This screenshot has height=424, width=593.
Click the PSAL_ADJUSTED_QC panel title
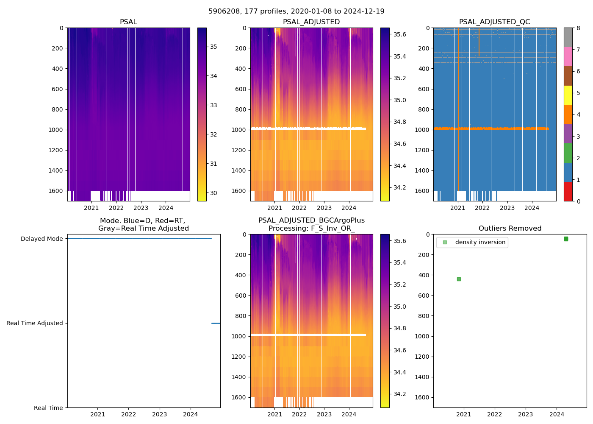[x=494, y=22]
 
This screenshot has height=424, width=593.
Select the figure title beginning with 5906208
[x=296, y=11]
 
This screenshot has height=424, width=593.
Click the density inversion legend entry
[x=480, y=243]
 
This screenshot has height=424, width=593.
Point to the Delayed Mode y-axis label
[x=42, y=239]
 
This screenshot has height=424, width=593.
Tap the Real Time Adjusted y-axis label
[x=35, y=323]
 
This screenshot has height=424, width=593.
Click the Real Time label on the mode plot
[x=48, y=408]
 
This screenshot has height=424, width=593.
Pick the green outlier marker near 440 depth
[x=459, y=279]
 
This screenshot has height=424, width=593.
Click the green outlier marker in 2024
[x=566, y=239]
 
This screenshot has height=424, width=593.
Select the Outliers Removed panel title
[x=510, y=229]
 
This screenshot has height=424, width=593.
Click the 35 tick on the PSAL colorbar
[x=213, y=47]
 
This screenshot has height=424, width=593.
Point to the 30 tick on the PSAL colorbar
[x=213, y=193]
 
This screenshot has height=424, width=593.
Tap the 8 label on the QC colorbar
[x=578, y=28]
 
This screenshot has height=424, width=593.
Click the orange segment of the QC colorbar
[x=568, y=114]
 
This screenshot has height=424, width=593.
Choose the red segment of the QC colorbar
[x=568, y=192]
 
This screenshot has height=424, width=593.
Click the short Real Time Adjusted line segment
[x=216, y=323]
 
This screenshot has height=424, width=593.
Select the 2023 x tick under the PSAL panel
[x=141, y=208]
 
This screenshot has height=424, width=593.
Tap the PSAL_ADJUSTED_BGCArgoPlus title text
[x=311, y=220]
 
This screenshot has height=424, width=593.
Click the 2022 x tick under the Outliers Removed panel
[x=495, y=414]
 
